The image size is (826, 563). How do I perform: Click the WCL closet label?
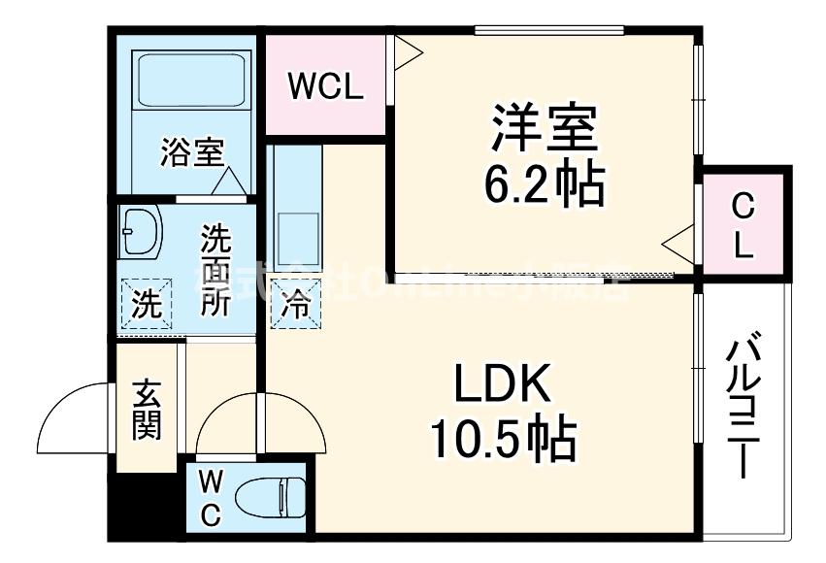tap(325, 86)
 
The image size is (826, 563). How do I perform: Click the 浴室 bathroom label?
tap(192, 152)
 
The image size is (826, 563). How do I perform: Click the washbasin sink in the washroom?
tap(142, 233)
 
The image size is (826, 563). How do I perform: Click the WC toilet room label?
tap(211, 498)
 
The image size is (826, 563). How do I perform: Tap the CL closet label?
tap(743, 226)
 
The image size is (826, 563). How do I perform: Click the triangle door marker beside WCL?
tap(406, 52)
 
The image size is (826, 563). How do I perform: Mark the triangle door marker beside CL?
tap(678, 239)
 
